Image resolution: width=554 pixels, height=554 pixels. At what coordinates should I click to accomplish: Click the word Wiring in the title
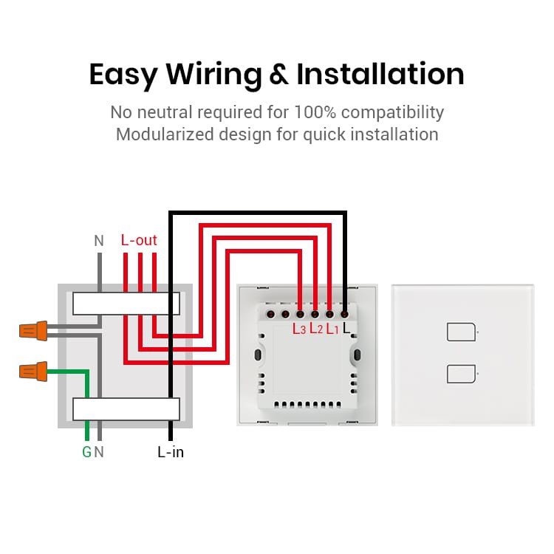[213, 75]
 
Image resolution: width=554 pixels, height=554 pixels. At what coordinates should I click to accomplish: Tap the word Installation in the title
[380, 74]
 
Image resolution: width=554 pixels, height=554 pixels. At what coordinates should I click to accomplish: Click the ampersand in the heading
[279, 74]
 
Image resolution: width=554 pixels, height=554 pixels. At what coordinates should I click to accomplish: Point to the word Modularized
[165, 134]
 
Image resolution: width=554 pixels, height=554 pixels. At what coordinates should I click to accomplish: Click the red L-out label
[139, 240]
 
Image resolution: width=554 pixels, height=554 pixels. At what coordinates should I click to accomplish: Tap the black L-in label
[171, 452]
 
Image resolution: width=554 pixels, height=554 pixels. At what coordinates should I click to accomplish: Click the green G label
[86, 452]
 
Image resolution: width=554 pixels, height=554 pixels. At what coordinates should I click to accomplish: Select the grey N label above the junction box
[99, 241]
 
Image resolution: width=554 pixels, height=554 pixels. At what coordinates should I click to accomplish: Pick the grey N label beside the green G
[99, 452]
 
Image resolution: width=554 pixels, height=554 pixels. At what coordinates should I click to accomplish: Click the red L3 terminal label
[299, 329]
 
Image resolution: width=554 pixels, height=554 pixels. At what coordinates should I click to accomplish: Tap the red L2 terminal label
[316, 329]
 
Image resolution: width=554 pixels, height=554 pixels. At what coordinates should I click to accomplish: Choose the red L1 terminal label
[332, 329]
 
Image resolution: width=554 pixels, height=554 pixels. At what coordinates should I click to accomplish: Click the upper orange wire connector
[33, 331]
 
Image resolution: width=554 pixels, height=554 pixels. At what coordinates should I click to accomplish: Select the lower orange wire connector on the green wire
[33, 372]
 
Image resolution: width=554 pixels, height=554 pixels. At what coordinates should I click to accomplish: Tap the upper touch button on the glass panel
[461, 332]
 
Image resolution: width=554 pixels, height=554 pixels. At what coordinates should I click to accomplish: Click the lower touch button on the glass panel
[461, 374]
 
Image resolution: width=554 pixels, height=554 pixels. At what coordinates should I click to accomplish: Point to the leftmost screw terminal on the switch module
[270, 314]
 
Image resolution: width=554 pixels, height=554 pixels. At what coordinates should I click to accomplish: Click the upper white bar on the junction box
[126, 304]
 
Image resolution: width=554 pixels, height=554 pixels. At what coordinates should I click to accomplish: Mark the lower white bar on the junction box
[126, 409]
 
